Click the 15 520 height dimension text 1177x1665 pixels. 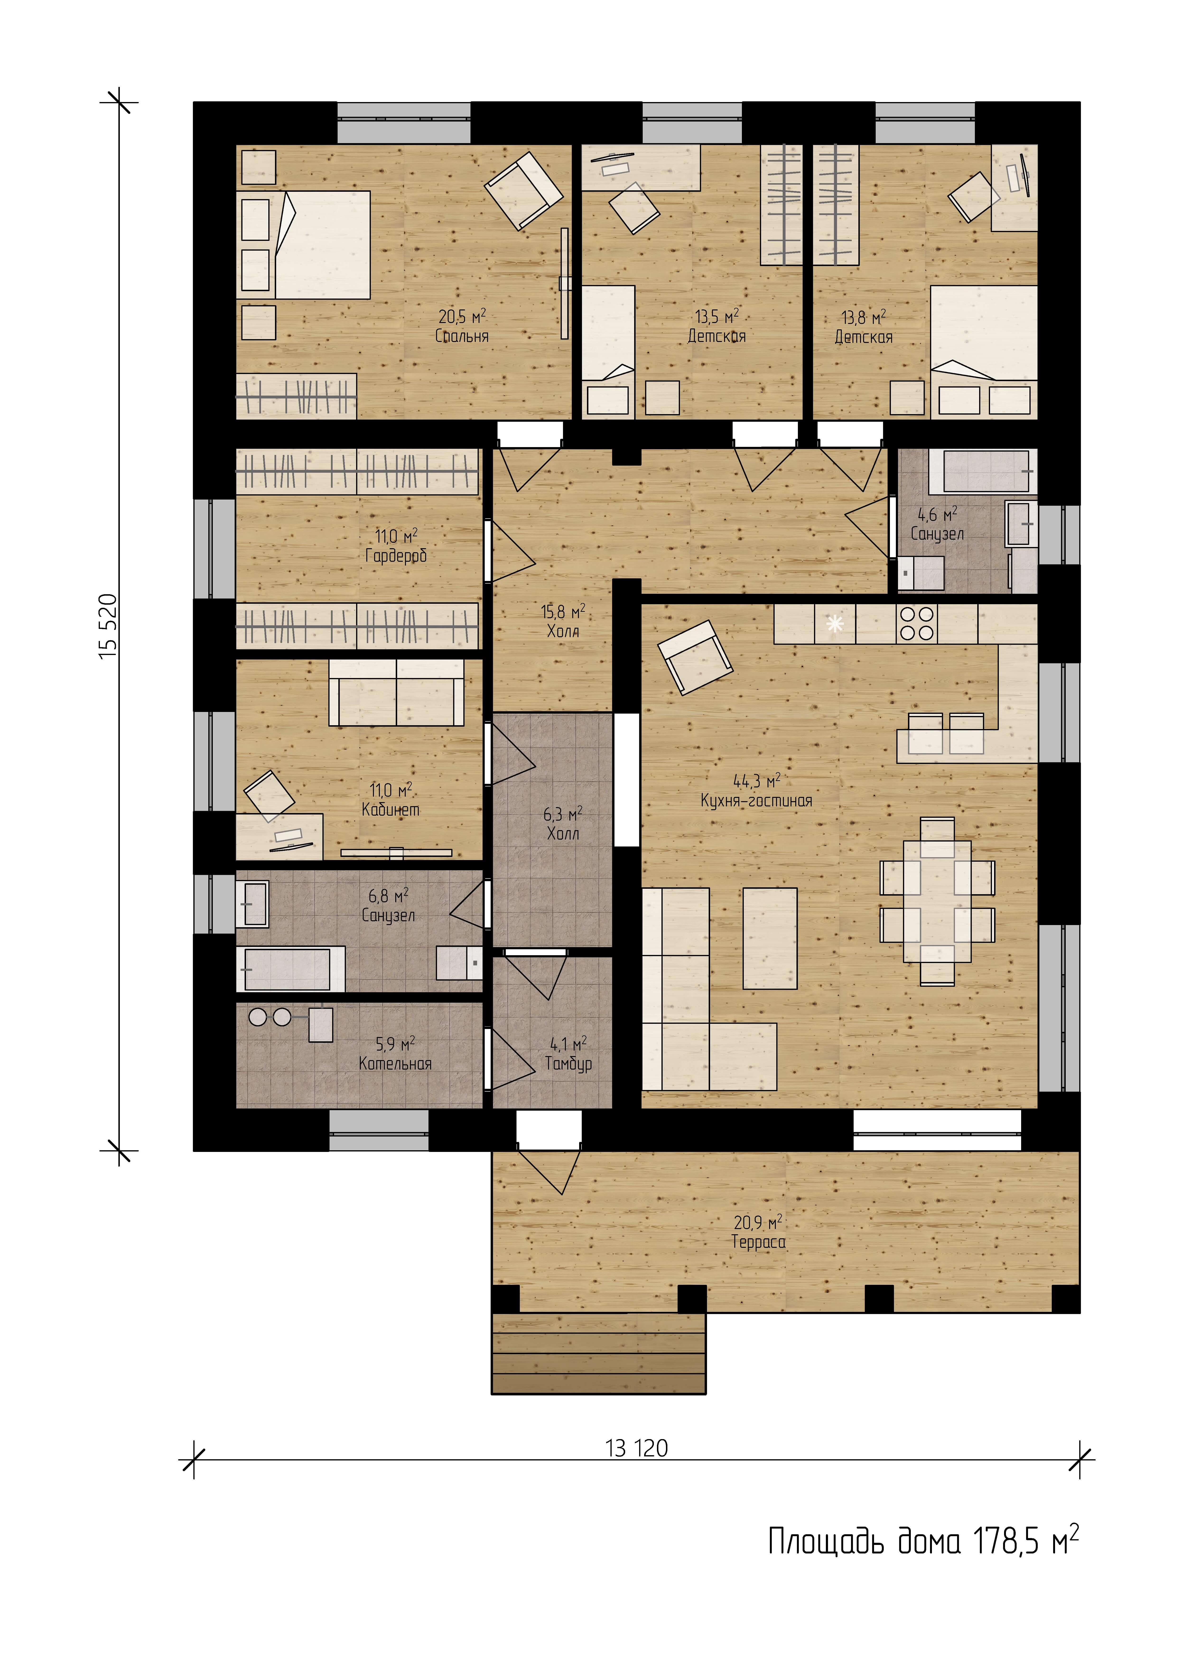click(108, 627)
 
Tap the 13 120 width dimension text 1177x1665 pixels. click(636, 1448)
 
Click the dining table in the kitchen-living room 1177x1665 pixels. click(937, 901)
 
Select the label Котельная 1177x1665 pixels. click(395, 1064)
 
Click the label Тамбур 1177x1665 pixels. click(568, 1064)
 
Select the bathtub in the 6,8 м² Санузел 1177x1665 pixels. click(290, 969)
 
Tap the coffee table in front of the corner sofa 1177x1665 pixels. click(770, 938)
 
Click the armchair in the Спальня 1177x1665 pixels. click(524, 190)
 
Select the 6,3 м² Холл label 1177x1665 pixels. click(563, 824)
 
